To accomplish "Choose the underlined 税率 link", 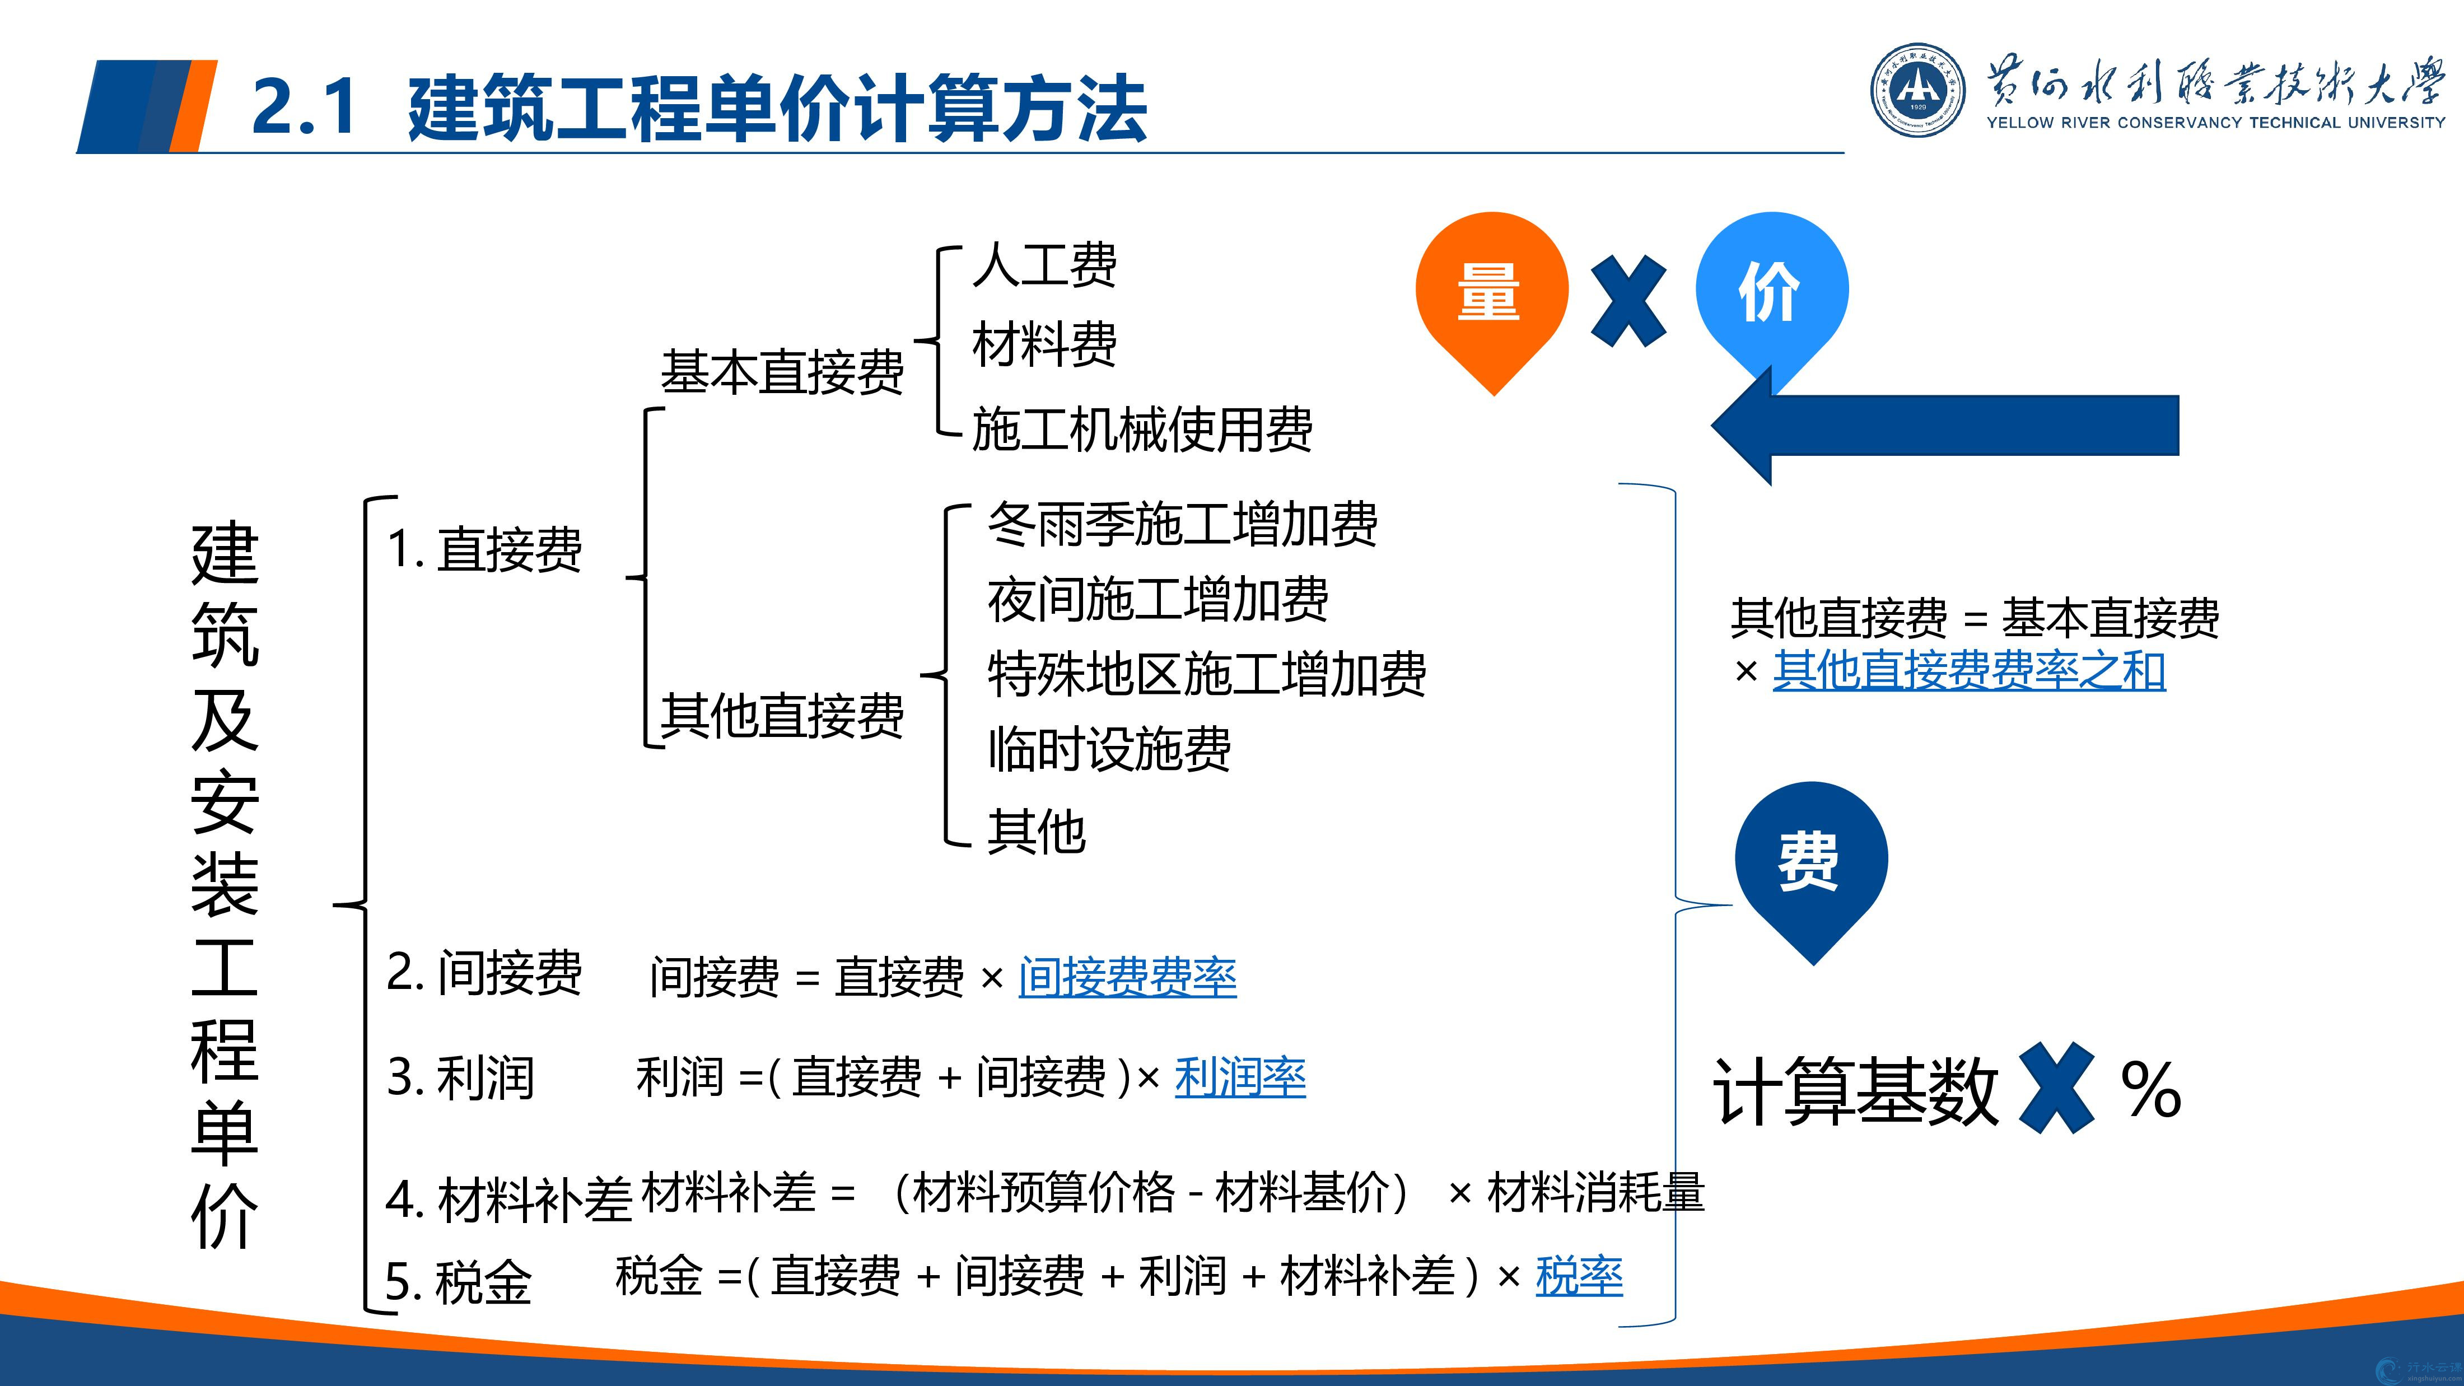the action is [x=1579, y=1276].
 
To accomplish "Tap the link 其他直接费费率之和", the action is [x=1968, y=670].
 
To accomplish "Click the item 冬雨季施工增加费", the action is [x=1182, y=524].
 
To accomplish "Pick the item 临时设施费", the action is [x=1109, y=748].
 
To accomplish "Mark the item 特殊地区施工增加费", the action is [x=1207, y=673].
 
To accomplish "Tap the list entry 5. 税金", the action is [x=458, y=1282].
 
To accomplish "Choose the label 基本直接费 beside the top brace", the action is [x=781, y=372].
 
